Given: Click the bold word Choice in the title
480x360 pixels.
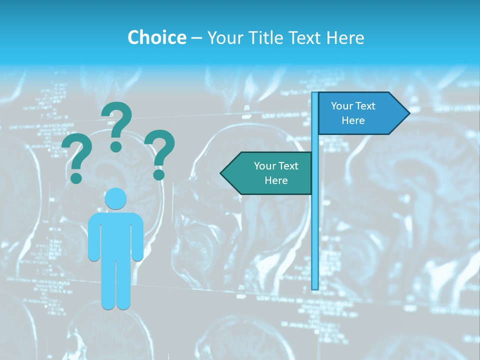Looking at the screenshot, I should [156, 37].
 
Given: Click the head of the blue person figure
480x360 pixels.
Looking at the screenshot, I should [115, 198].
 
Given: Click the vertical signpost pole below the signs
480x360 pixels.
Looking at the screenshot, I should [315, 240].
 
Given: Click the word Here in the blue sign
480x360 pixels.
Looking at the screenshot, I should [353, 120].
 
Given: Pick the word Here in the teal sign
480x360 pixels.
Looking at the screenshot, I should [276, 180].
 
